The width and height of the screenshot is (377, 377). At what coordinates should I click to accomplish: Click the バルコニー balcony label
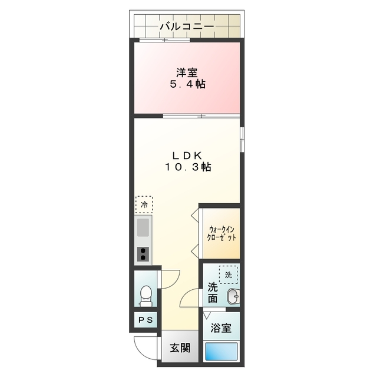(x=187, y=27)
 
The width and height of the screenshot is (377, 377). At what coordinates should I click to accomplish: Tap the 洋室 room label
(x=187, y=73)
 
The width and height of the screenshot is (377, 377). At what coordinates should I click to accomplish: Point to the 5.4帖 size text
(x=187, y=85)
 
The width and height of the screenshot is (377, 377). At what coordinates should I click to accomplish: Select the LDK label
(x=187, y=155)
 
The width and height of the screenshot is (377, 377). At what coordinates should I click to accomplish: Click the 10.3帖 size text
(x=187, y=167)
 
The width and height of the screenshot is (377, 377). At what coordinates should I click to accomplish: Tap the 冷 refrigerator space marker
(x=143, y=204)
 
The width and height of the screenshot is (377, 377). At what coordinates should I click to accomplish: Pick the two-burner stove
(x=143, y=254)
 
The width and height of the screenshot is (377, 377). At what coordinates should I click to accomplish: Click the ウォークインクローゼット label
(x=221, y=233)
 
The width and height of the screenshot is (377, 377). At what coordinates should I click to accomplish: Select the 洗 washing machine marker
(x=227, y=274)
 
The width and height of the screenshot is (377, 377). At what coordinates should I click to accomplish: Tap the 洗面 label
(x=213, y=293)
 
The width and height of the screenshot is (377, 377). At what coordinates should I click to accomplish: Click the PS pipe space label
(x=145, y=320)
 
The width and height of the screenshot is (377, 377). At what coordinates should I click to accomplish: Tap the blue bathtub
(x=222, y=353)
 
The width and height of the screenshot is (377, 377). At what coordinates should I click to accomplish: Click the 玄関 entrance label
(x=180, y=348)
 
